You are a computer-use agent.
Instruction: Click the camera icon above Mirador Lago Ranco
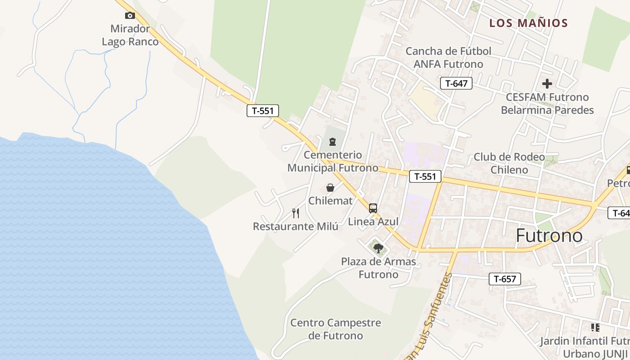[130, 16]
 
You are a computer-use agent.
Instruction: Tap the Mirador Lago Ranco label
[130, 35]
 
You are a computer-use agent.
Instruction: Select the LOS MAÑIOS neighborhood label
[528, 23]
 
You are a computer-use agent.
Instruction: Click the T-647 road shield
[456, 83]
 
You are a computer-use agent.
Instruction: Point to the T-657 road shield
[504, 279]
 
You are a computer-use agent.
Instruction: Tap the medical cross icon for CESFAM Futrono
[547, 84]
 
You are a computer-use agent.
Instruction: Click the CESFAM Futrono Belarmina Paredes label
[547, 103]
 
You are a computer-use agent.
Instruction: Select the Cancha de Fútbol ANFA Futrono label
[448, 58]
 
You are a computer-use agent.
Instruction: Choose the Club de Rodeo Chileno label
[509, 163]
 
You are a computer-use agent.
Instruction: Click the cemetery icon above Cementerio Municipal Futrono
[333, 142]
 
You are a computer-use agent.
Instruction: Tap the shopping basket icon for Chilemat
[330, 188]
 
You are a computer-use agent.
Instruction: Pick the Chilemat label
[330, 201]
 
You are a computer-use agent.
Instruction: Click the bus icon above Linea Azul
[373, 208]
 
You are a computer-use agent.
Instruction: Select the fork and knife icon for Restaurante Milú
[296, 213]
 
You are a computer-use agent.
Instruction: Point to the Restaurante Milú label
[295, 226]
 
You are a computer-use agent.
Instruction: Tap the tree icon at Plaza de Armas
[378, 248]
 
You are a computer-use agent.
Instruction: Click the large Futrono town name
[549, 236]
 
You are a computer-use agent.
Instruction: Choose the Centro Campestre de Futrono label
[336, 329]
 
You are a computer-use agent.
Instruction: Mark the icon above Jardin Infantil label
[595, 328]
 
